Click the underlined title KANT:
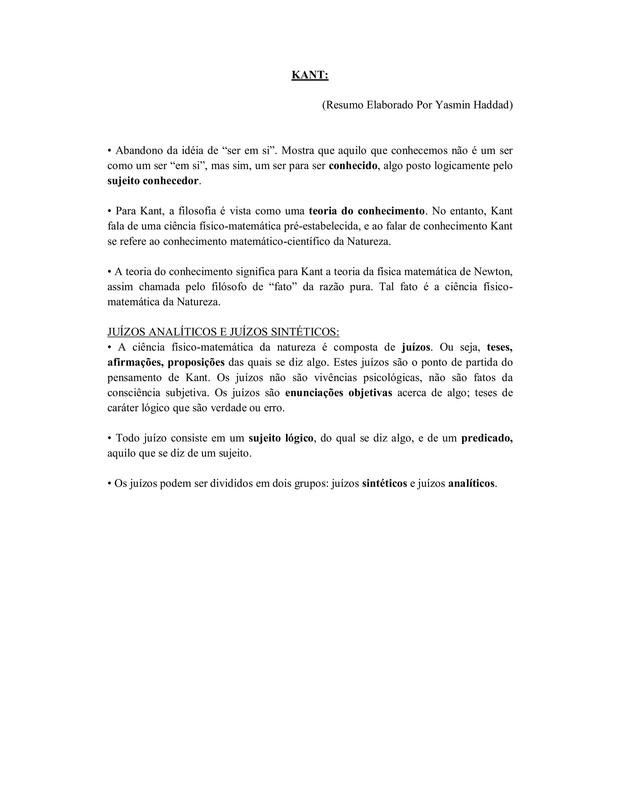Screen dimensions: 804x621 pyautogui.click(x=310, y=75)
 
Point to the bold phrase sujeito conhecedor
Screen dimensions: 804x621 pyautogui.click(x=153, y=181)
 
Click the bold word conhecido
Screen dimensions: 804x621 pyautogui.click(x=353, y=166)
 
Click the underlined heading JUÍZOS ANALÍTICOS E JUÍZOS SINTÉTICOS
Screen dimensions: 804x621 pyautogui.click(x=223, y=332)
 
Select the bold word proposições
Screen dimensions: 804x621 pyautogui.click(x=196, y=363)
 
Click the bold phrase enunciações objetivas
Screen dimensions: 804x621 pyautogui.click(x=338, y=393)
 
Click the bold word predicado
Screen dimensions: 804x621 pyautogui.click(x=486, y=438)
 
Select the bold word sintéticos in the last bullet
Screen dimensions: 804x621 pyautogui.click(x=384, y=483)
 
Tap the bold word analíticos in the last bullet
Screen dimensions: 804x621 pyautogui.click(x=472, y=483)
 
